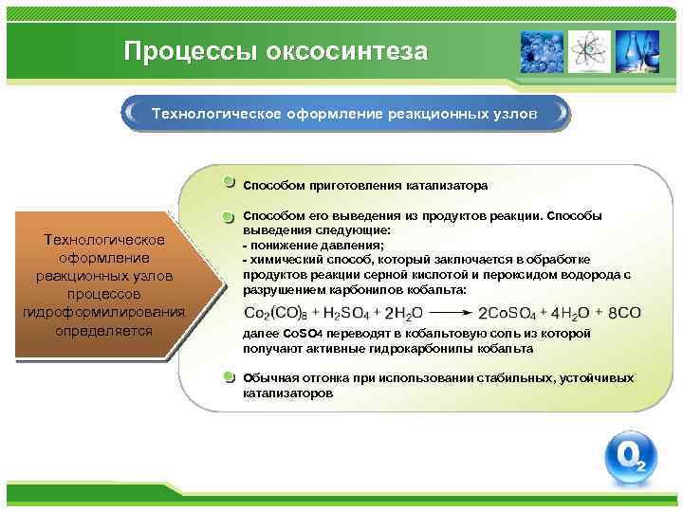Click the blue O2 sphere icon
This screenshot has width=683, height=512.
click(x=630, y=459)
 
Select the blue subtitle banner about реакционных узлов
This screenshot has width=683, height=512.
click(x=346, y=113)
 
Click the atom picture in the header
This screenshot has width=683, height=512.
click(x=590, y=51)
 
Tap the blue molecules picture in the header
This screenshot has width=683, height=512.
click(x=542, y=51)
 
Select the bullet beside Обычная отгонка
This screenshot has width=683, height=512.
click(x=230, y=377)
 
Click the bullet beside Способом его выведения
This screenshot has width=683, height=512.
click(x=230, y=217)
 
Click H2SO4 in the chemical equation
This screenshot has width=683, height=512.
click(x=350, y=313)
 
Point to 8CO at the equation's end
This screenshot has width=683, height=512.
click(x=624, y=313)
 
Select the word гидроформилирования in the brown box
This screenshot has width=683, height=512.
click(x=104, y=313)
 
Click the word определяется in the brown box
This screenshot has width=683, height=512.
click(x=104, y=331)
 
